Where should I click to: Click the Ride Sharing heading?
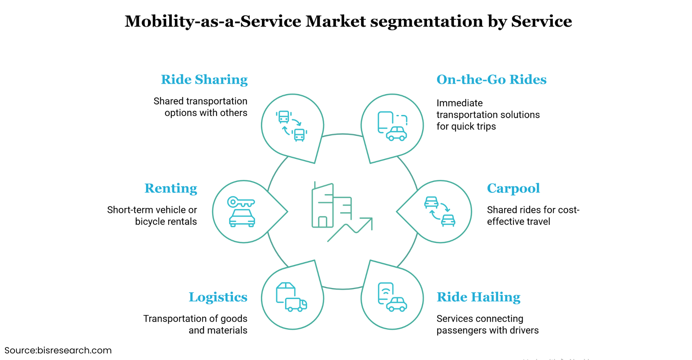click(x=204, y=80)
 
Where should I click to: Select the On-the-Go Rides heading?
click(x=491, y=80)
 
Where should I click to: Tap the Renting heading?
click(x=171, y=188)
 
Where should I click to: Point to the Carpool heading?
click(x=513, y=188)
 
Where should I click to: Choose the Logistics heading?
click(x=218, y=297)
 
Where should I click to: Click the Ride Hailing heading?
click(x=478, y=297)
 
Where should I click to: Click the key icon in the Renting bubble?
click(x=240, y=202)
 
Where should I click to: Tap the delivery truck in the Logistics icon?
click(x=296, y=305)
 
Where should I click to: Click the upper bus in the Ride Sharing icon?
click(x=284, y=117)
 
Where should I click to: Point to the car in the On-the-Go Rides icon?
click(x=397, y=134)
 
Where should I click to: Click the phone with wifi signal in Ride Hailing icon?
click(x=385, y=293)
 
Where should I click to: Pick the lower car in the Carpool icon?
click(x=448, y=220)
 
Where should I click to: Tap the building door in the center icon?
click(x=322, y=222)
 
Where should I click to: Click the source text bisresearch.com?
click(x=74, y=350)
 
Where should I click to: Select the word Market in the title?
click(x=336, y=21)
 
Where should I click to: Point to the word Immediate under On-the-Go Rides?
click(x=459, y=103)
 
